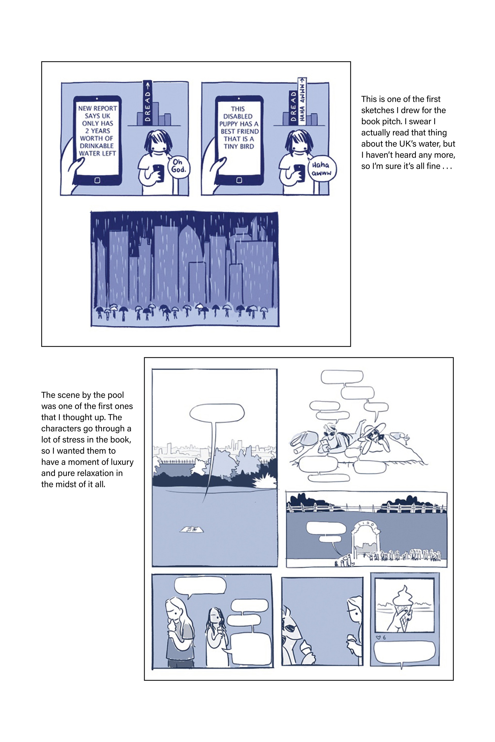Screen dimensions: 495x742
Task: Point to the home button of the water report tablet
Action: (x=97, y=180)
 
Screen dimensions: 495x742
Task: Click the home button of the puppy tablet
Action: (x=239, y=180)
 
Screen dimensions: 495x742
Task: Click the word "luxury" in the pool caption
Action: (x=121, y=462)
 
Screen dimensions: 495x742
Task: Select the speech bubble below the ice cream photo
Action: (x=404, y=653)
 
